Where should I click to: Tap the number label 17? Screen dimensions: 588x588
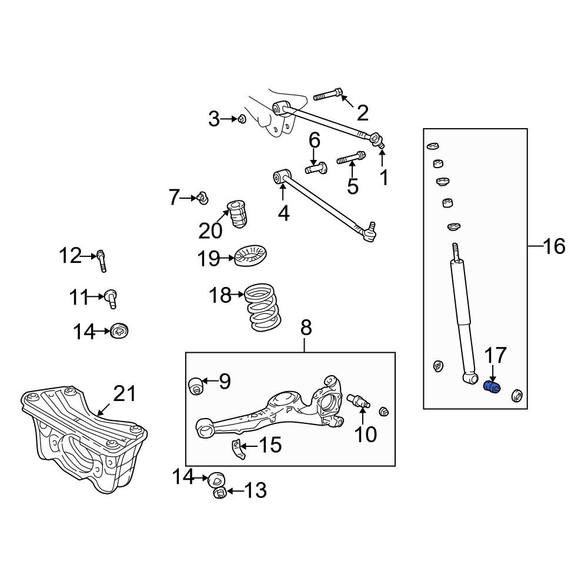pos(495,356)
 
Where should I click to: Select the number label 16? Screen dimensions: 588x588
pos(553,246)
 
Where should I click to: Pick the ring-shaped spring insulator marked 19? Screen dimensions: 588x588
pos(251,256)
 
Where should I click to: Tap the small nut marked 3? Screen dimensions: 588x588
pos(241,120)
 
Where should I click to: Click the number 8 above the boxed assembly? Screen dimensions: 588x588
pos(306,328)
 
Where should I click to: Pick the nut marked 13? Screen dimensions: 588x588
pos(219,492)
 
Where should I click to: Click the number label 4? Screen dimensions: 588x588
pos(283,213)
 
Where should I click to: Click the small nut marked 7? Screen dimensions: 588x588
pos(202,198)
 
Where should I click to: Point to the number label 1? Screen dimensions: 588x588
pos(384,177)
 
